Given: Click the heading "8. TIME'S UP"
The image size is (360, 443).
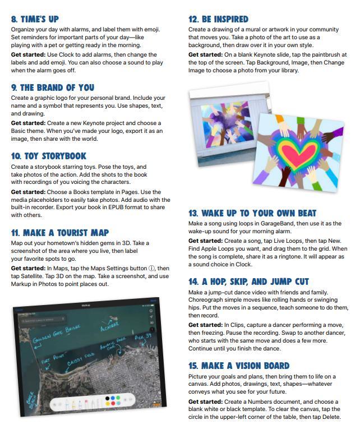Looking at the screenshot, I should [x=35, y=19].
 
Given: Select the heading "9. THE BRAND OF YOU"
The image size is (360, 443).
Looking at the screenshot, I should [x=53, y=87].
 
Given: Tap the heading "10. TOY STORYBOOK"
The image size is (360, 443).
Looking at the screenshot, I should [x=49, y=156].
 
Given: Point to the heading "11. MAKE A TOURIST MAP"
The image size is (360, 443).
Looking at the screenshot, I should [x=60, y=232].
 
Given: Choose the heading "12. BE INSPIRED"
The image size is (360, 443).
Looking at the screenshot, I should [x=218, y=19].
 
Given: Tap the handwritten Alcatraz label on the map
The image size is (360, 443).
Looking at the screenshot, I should [x=109, y=326].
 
